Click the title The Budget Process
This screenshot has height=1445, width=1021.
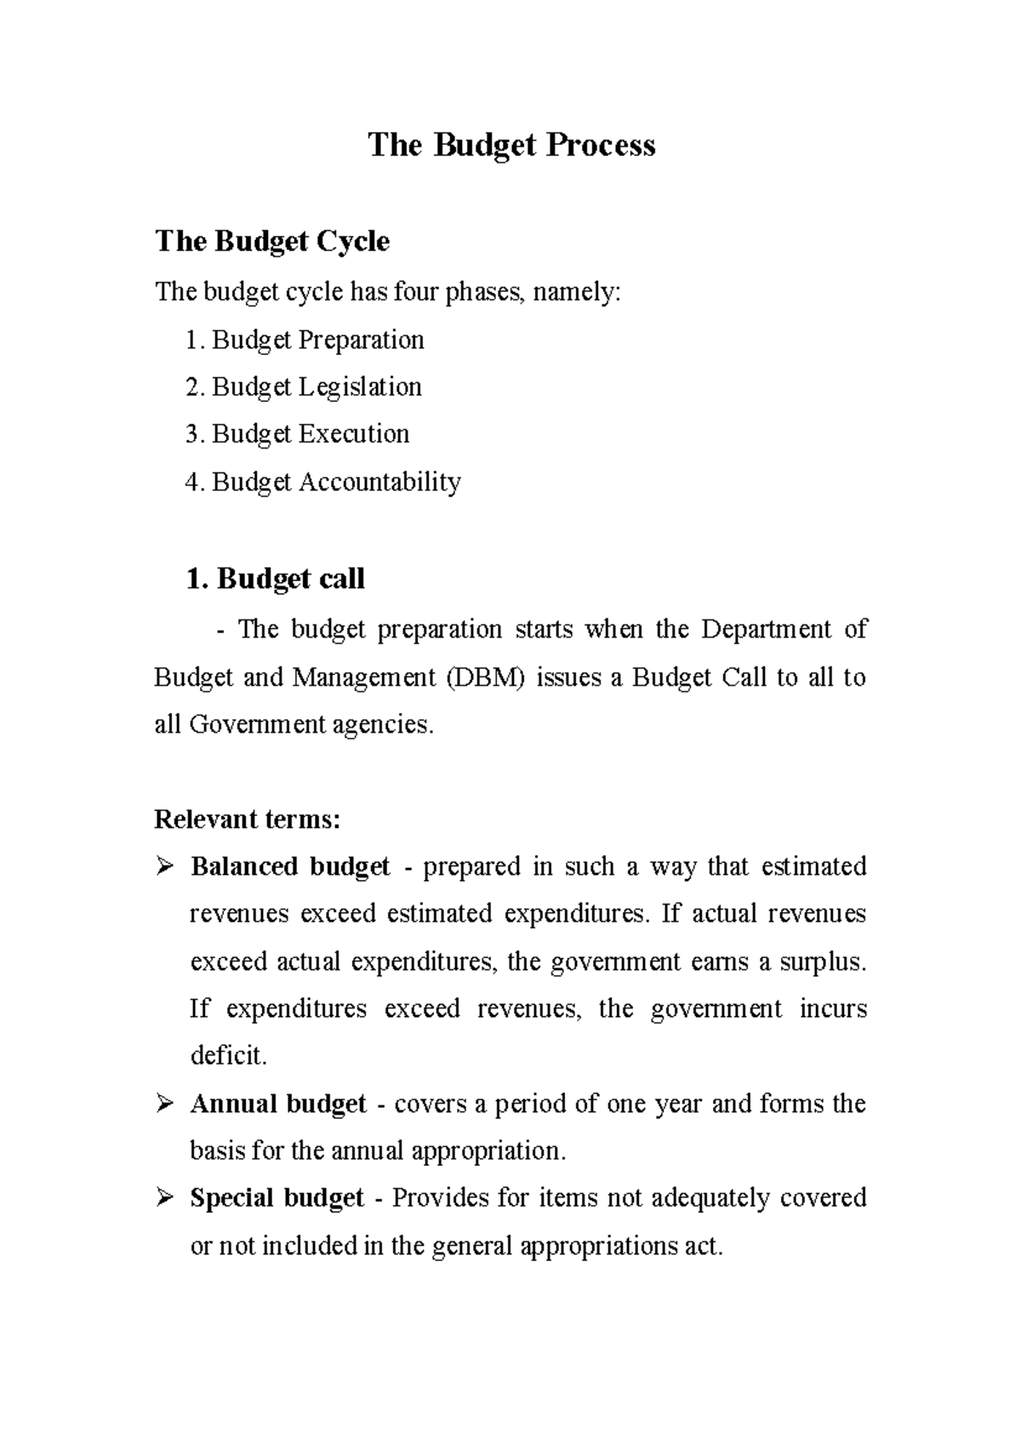511,146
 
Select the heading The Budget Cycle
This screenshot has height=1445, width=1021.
272,242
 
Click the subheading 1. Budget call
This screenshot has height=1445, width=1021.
275,580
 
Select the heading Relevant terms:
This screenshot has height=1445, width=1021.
247,820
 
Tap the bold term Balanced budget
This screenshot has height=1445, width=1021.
290,867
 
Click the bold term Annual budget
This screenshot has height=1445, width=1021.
278,1105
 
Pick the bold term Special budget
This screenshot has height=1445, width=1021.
277,1198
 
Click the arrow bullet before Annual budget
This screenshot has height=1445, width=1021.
164,1105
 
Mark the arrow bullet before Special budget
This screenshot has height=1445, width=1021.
164,1198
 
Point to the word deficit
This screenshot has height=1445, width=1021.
227,1057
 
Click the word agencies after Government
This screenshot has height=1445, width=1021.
383,725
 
